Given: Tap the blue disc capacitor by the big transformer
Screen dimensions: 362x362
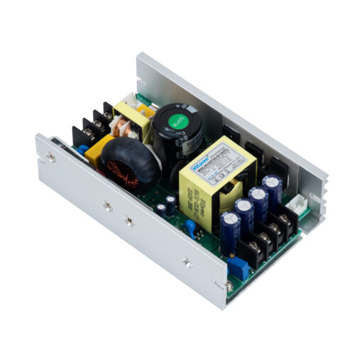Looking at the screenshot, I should click(190, 226).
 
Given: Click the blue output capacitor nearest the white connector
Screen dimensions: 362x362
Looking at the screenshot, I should click(272, 189).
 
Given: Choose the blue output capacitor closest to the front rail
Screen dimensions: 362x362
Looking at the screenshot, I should click(230, 229).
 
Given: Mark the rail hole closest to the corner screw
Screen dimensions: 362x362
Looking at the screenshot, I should click(187, 262).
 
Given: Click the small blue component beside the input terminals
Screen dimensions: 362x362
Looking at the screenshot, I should click(83, 150).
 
